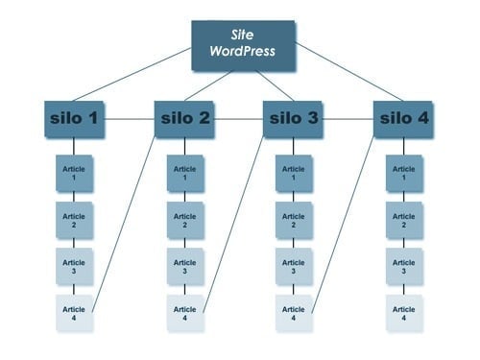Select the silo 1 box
click(74, 119)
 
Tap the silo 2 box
click(184, 119)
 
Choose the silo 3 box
click(293, 119)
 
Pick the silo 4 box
click(403, 119)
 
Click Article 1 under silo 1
click(74, 173)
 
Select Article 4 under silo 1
click(74, 313)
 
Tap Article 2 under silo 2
click(184, 220)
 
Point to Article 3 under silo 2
click(184, 267)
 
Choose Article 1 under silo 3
click(293, 173)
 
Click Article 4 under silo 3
click(293, 313)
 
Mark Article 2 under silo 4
click(403, 220)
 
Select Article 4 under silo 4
click(403, 313)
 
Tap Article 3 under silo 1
click(74, 267)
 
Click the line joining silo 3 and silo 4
click(348, 119)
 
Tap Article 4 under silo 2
click(184, 313)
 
